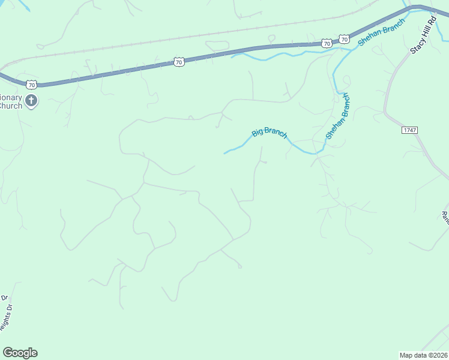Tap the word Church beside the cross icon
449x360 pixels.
tap(10, 106)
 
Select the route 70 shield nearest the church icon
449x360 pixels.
tap(32, 83)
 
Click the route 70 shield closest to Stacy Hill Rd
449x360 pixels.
tap(343, 39)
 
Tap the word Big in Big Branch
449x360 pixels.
tap(258, 132)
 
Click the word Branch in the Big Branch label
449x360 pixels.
tap(276, 133)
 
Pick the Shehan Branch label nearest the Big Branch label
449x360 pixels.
tap(337, 116)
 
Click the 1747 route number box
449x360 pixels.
tap(410, 130)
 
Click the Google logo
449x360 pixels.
tap(20, 353)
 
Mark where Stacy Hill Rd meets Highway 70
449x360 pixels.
tap(414, 7)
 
